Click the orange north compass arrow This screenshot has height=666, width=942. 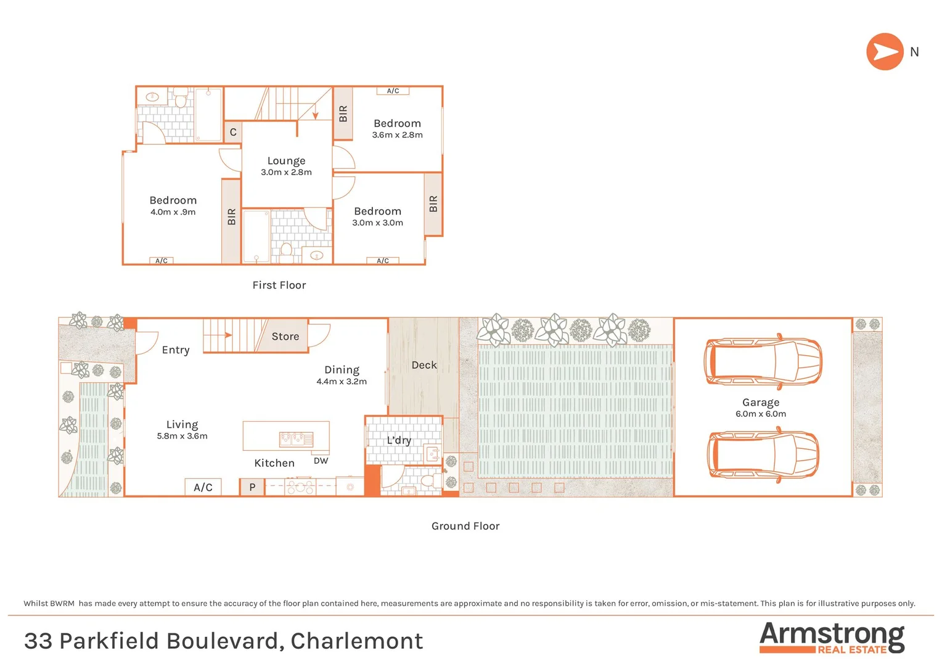pyautogui.click(x=885, y=52)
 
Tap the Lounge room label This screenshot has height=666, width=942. pyautogui.click(x=286, y=161)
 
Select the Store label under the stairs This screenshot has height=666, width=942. pyautogui.click(x=285, y=337)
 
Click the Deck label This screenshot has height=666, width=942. pyautogui.click(x=424, y=365)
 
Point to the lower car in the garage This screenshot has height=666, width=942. pyautogui.click(x=763, y=455)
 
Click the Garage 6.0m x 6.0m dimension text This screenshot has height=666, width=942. pyautogui.click(x=761, y=414)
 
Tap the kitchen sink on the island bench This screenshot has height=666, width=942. pyautogui.click(x=297, y=439)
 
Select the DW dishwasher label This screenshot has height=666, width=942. pyautogui.click(x=321, y=461)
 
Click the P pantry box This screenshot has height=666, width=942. pyautogui.click(x=252, y=487)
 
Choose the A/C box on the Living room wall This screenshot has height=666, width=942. pyautogui.click(x=203, y=487)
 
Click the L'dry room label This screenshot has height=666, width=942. pyautogui.click(x=399, y=440)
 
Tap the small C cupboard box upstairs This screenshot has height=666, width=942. pyautogui.click(x=233, y=133)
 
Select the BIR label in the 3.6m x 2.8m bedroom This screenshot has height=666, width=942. pyautogui.click(x=343, y=113)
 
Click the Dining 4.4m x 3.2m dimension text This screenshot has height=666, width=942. pyautogui.click(x=342, y=382)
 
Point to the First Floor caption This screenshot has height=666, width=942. pyautogui.click(x=279, y=285)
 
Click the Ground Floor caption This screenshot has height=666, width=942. pyautogui.click(x=465, y=526)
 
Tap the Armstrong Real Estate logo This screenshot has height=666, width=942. pyautogui.click(x=832, y=638)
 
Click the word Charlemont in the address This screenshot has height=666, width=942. pyautogui.click(x=357, y=641)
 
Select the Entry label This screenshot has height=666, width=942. pyautogui.click(x=176, y=350)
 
